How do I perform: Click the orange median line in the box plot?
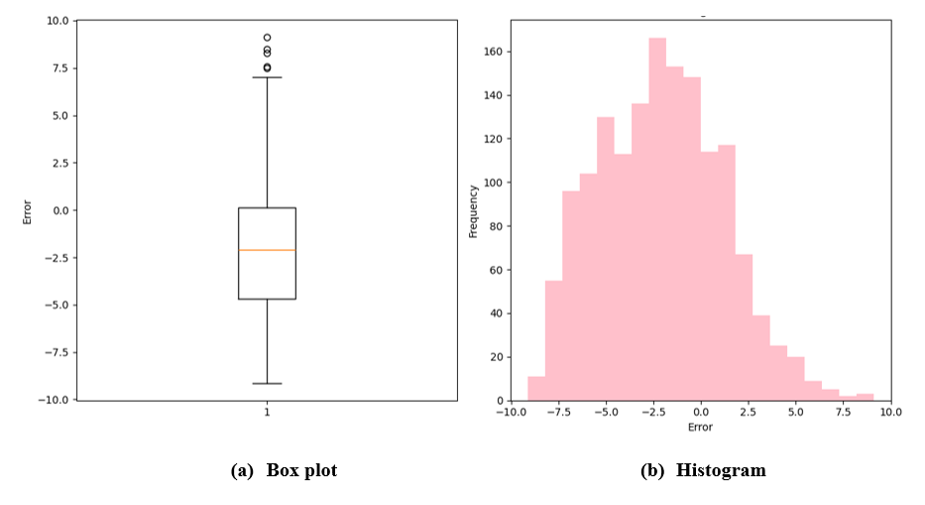click(x=267, y=250)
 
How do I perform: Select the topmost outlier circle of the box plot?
click(x=267, y=37)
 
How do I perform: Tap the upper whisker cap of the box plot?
click(x=267, y=77)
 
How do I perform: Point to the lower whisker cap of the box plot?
click(x=267, y=383)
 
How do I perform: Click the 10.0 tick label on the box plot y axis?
click(x=57, y=21)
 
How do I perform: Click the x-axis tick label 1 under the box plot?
click(x=267, y=412)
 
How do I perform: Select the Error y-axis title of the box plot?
click(x=27, y=210)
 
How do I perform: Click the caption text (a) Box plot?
click(x=284, y=471)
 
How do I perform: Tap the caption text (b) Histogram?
click(x=703, y=471)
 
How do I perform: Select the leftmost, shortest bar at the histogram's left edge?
click(x=536, y=389)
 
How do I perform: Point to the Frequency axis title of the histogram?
click(x=474, y=210)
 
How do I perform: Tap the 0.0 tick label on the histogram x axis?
click(x=701, y=412)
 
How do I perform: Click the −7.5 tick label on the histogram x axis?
click(x=558, y=412)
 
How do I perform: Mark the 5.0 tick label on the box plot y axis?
click(x=59, y=115)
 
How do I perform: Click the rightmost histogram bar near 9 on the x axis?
click(x=866, y=397)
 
